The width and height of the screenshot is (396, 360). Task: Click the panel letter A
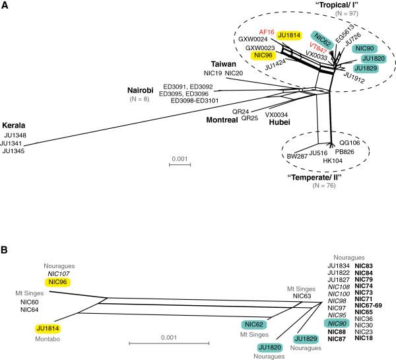(x=5, y=5)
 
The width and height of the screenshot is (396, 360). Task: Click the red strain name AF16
(x=267, y=31)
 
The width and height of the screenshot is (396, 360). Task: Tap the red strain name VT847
(x=318, y=48)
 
